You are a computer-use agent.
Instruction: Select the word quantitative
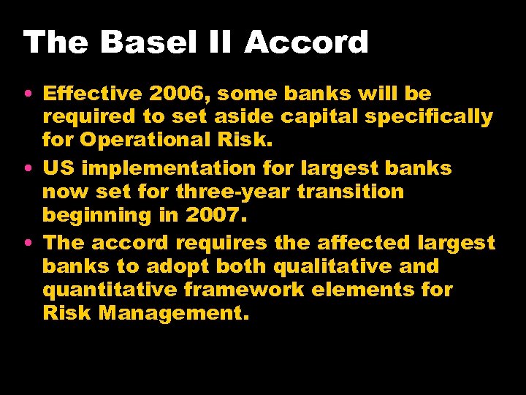pos(110,290)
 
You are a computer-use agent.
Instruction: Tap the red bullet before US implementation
pos(27,169)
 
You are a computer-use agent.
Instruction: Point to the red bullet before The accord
pos(27,244)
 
